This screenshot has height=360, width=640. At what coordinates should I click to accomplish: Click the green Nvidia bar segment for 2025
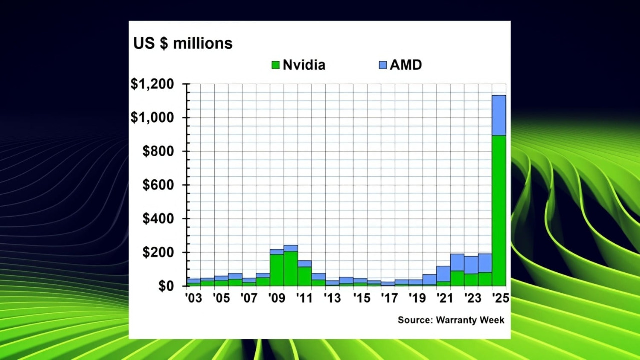pos(499,210)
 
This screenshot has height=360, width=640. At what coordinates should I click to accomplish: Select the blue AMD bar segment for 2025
pos(499,115)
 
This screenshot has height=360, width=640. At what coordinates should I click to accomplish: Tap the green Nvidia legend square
pos(275,65)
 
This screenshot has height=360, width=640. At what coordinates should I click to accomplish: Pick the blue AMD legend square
pos(383,65)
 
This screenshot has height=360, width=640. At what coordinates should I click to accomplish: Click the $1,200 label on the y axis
pos(152,84)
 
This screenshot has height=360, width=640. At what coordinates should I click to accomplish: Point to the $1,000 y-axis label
pos(152,118)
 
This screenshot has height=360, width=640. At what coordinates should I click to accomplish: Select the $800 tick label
pos(158,151)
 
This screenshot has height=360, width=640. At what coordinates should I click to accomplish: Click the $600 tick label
pos(158,185)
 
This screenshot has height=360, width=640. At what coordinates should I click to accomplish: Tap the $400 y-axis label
pos(158,219)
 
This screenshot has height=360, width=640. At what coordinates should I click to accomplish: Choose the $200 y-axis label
pos(158,253)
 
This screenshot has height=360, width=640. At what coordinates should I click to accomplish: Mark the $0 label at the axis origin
pos(166,286)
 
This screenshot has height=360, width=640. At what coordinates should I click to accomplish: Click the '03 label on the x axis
pos(193,298)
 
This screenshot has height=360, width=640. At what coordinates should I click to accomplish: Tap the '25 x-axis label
pos(500,298)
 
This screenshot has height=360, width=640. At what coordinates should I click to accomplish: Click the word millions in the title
pos(202,44)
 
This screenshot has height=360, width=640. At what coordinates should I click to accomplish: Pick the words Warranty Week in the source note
pos(470,320)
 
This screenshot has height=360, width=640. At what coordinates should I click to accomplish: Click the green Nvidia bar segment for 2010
pos(291,268)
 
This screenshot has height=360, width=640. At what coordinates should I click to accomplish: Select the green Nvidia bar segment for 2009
pos(277,270)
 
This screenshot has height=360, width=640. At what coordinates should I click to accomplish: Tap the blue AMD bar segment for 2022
pos(457,262)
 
